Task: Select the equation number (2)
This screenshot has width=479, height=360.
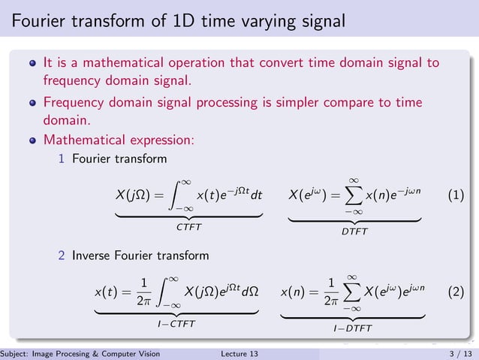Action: coord(456,291)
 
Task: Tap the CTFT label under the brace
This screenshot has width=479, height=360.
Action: coord(188,225)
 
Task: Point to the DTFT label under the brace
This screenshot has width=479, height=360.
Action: coord(354,231)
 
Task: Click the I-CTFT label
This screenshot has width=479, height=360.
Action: coord(179,323)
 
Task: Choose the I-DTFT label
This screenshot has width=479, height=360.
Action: coord(353,328)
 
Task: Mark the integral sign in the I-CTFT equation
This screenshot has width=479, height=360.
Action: coord(169,292)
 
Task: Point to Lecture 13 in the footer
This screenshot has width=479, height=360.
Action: coord(240,353)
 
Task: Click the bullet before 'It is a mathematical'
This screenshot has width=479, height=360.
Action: coord(32,63)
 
